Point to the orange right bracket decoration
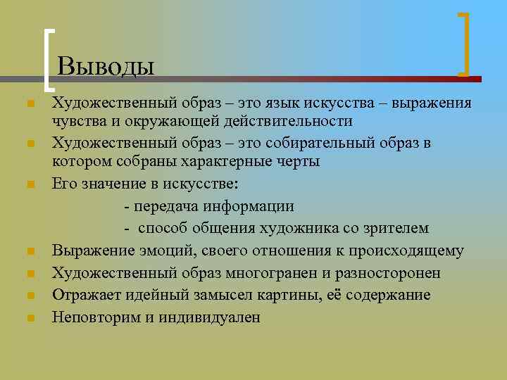(x=465, y=44)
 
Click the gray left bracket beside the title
(x=49, y=60)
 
